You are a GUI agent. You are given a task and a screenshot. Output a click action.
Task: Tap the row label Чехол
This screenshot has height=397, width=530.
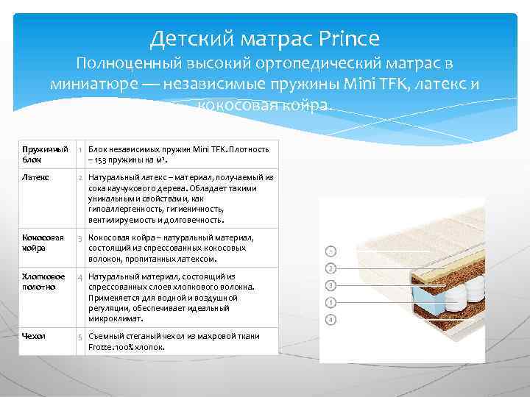click(34, 336)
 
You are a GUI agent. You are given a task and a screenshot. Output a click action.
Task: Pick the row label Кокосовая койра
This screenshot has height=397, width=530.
click(43, 243)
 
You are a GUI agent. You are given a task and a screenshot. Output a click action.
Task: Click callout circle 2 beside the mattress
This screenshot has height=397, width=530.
click(331, 268)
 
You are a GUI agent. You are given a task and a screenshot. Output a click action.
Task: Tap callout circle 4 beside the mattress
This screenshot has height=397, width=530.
click(331, 320)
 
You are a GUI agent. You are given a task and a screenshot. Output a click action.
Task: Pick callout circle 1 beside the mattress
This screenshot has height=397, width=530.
click(331, 251)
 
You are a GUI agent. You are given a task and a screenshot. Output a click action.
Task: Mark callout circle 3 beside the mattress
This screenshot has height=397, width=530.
click(331, 285)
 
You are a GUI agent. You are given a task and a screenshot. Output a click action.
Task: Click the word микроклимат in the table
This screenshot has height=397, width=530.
click(115, 319)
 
